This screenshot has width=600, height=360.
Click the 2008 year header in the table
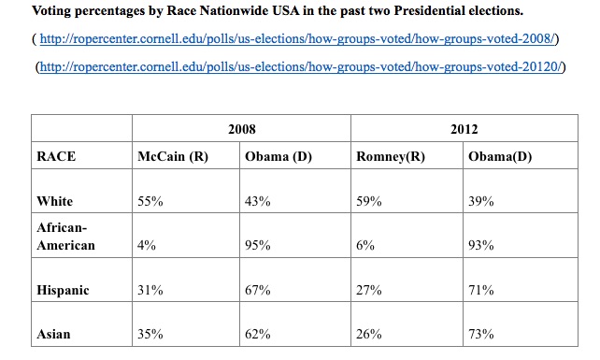242,129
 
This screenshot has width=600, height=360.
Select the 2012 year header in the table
464,129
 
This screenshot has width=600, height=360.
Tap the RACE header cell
56,156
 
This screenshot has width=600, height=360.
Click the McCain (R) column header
173,156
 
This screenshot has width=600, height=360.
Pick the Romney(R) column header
391,156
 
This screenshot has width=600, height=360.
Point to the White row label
55,201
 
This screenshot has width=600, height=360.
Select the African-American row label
65,237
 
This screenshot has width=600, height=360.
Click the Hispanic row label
63,290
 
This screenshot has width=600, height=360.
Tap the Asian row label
53,334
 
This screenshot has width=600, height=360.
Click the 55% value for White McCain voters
150,201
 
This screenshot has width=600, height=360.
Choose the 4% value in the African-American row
147,245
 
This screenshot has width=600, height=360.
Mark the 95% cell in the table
258,245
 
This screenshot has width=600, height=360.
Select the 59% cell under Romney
369,201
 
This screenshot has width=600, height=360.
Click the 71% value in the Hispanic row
481,290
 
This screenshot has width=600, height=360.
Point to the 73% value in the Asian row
481,334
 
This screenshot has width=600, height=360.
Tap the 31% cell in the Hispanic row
150,290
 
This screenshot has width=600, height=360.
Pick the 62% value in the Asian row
258,334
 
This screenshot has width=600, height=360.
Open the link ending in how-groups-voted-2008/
297,38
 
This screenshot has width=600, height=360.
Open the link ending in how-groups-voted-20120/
300,66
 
